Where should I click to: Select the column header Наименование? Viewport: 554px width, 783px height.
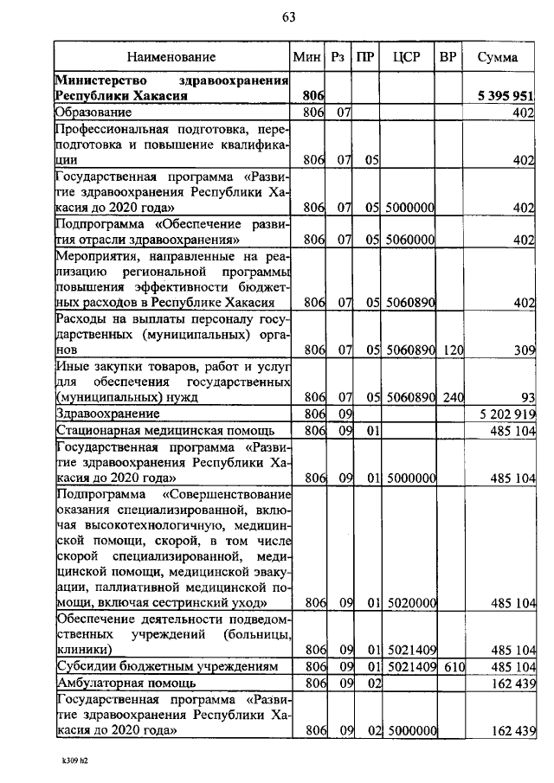171,57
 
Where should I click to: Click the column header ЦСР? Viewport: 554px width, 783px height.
406,57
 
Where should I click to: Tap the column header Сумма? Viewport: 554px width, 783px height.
499,57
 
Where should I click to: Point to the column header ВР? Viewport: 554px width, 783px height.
448,57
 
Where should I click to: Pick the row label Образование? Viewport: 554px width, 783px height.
93,112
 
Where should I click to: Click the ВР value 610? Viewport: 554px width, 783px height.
450,667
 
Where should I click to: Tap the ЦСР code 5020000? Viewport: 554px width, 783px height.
409,604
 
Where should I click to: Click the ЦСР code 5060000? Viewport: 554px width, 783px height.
409,241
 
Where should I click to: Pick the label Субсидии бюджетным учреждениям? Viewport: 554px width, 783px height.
166,667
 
